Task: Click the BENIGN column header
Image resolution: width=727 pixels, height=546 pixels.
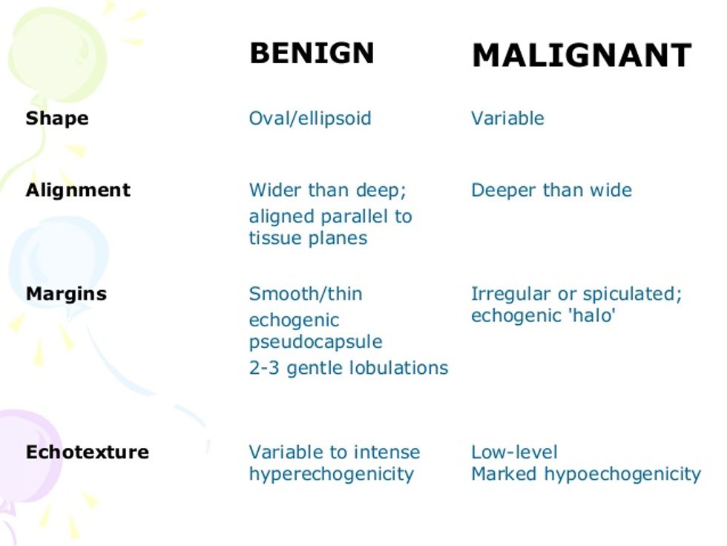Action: [x=312, y=53]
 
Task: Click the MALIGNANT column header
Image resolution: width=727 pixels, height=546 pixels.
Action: [x=582, y=55]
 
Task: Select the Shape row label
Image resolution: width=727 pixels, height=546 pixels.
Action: [x=57, y=119]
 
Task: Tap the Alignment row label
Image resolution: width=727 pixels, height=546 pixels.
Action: [x=78, y=191]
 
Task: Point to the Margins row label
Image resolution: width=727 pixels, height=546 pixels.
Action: [x=66, y=294]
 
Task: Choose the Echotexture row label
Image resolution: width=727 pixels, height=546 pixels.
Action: [x=88, y=452]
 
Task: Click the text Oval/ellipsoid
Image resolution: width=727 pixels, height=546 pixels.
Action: [x=310, y=119]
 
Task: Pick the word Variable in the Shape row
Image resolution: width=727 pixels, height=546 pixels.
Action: [x=507, y=118]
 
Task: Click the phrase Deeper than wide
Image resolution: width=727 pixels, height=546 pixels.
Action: [x=551, y=191]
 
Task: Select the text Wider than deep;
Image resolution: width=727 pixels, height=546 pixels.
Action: [x=327, y=191]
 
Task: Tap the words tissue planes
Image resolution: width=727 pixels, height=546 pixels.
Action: [x=308, y=238]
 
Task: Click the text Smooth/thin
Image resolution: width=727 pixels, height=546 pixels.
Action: [x=306, y=294]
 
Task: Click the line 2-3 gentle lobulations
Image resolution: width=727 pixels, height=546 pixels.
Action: [x=348, y=368]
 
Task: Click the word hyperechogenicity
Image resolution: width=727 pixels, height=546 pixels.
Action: [x=331, y=474]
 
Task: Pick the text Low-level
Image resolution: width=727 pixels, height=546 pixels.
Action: [x=514, y=452]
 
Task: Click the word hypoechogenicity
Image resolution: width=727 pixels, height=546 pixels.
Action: [x=622, y=474]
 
